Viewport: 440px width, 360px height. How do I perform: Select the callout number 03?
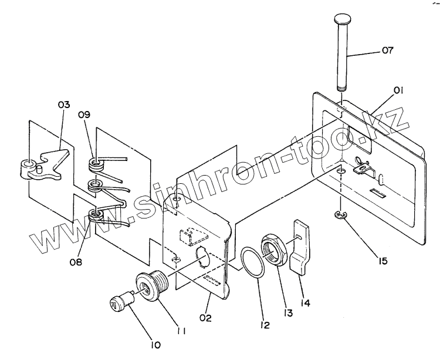tap(63, 105)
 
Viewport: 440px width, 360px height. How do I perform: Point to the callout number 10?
tap(155, 345)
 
